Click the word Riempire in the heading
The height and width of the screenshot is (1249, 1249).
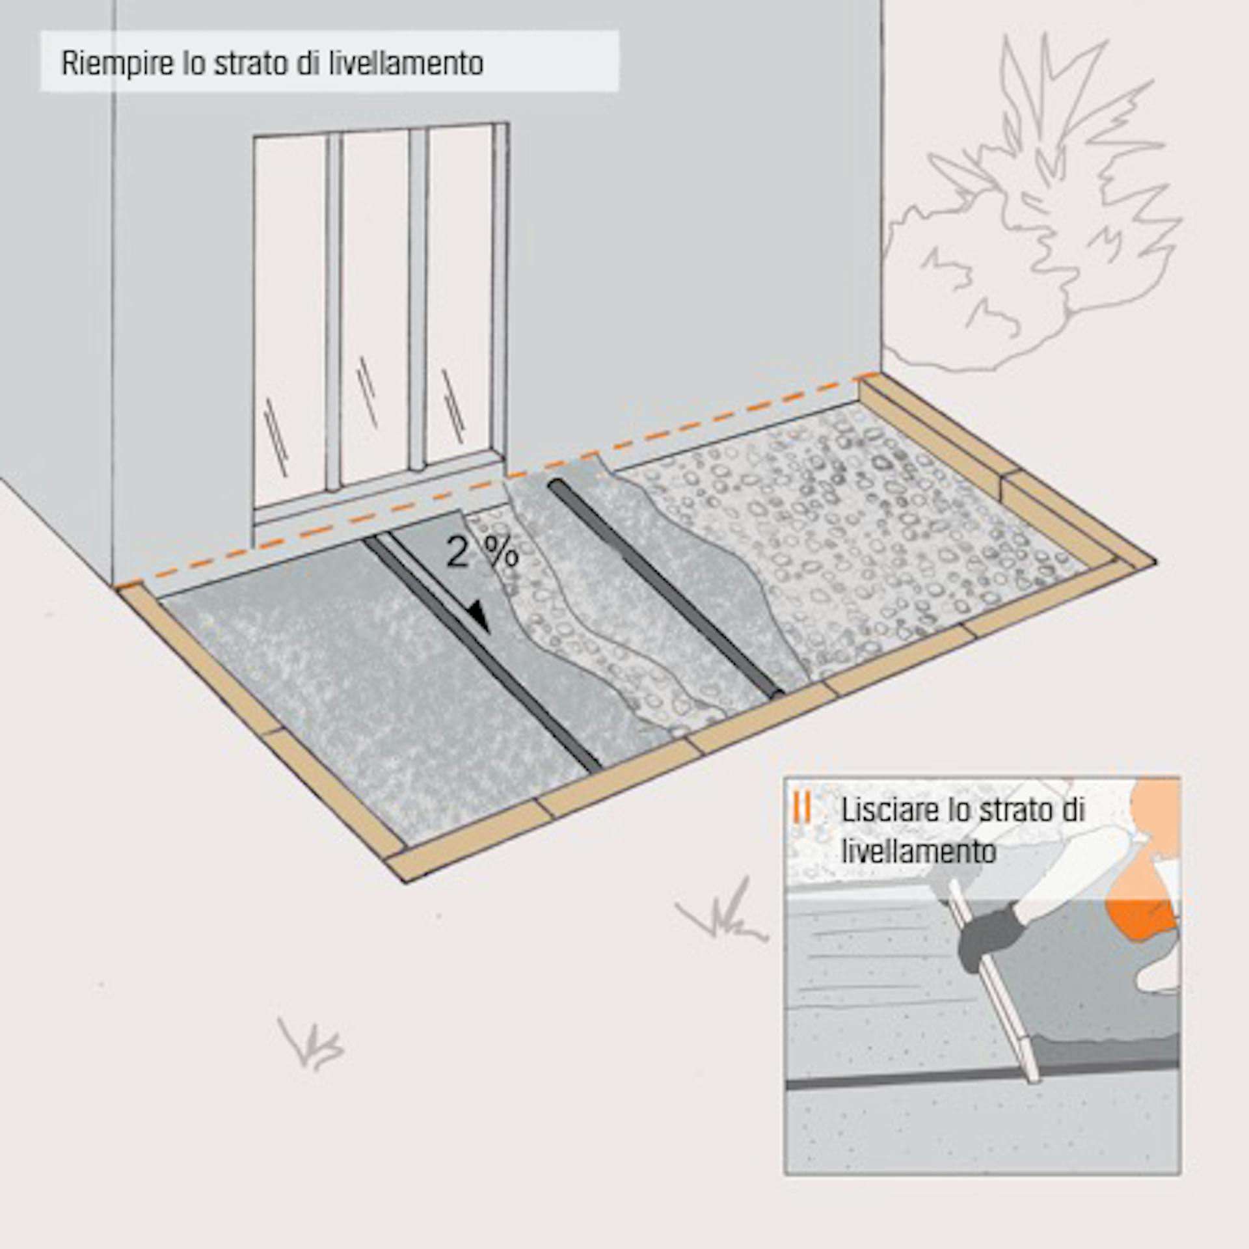tap(118, 64)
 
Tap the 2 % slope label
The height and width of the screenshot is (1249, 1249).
tap(482, 553)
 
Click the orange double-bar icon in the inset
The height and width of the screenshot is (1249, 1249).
tap(802, 808)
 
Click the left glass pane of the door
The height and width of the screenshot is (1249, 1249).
tap(290, 319)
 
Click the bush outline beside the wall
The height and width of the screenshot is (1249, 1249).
tap(1041, 215)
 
